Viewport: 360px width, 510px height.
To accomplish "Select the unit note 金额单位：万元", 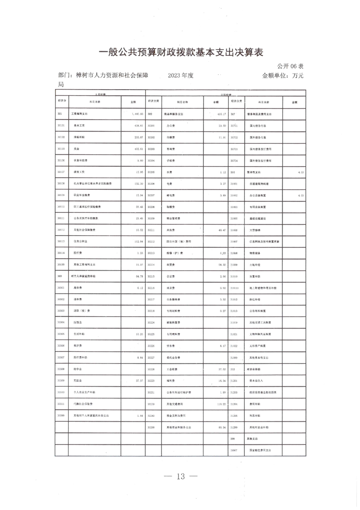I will (283, 76).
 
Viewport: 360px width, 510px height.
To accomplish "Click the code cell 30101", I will (62, 125).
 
